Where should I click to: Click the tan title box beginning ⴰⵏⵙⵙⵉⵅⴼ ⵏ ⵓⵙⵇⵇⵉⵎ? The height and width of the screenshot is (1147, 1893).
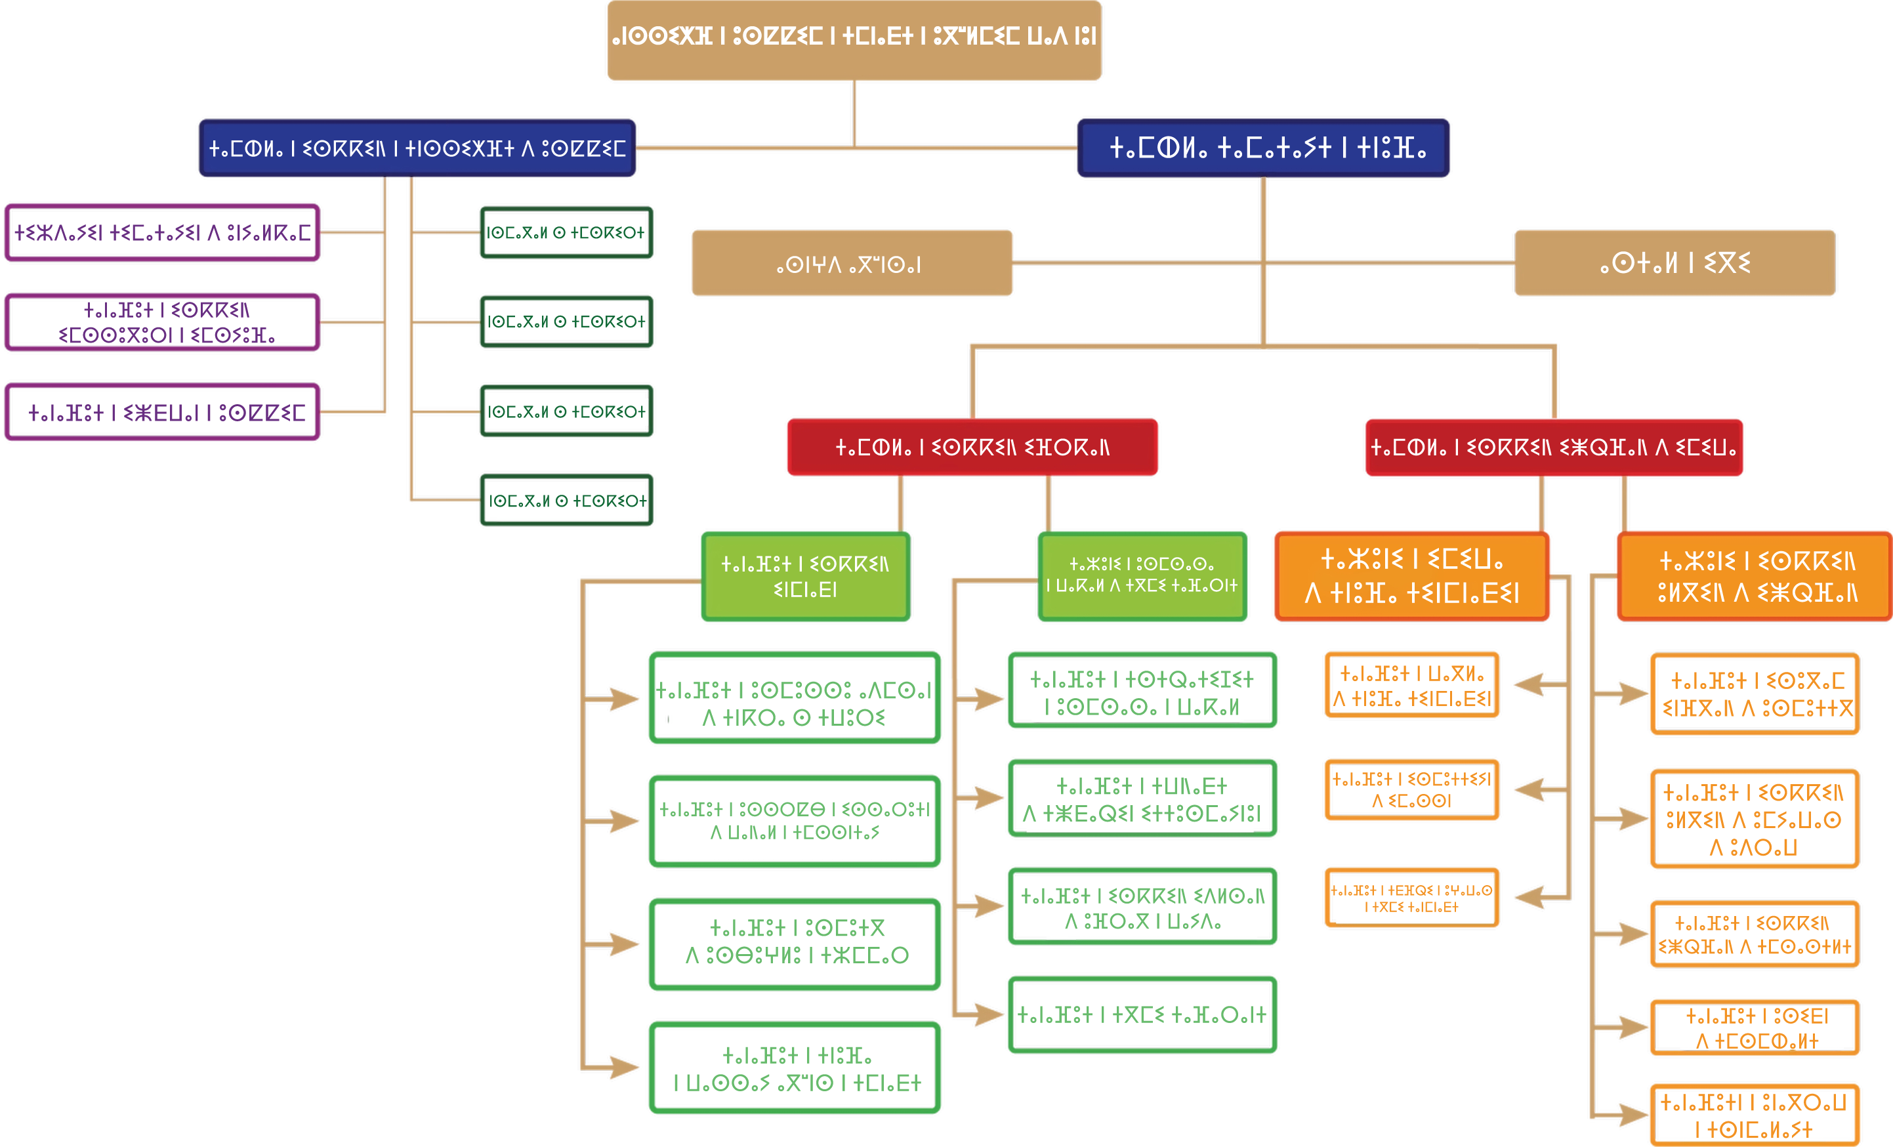click(854, 39)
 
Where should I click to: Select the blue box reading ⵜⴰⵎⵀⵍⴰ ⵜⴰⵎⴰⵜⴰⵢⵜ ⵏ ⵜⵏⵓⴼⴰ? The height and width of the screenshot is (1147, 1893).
click(1263, 148)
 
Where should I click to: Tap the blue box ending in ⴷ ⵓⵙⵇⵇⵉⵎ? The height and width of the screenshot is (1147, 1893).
click(417, 148)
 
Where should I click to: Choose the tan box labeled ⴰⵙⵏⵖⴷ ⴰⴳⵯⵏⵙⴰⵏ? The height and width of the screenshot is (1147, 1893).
click(851, 264)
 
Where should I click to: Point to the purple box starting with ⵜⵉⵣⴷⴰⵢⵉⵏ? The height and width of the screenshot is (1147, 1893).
click(161, 232)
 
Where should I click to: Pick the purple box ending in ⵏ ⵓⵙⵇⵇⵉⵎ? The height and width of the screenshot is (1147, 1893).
click(161, 413)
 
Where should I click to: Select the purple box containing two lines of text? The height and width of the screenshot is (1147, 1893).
click(161, 322)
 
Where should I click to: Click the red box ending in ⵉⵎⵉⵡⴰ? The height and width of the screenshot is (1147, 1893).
click(1553, 447)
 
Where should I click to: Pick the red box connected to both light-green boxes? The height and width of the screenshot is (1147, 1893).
click(972, 447)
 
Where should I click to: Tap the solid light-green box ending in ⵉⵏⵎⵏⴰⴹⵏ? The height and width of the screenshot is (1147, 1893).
click(805, 576)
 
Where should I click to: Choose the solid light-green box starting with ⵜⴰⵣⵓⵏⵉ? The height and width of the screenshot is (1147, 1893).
click(1142, 576)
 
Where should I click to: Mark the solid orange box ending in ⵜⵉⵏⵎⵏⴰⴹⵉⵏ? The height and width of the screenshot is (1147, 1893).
click(1411, 576)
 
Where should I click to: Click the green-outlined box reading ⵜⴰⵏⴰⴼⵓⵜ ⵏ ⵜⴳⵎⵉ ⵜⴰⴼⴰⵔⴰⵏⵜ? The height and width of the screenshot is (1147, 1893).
click(1142, 1015)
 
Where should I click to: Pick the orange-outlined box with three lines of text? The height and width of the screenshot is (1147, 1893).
click(1754, 819)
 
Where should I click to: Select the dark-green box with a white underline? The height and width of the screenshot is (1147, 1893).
click(566, 501)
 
